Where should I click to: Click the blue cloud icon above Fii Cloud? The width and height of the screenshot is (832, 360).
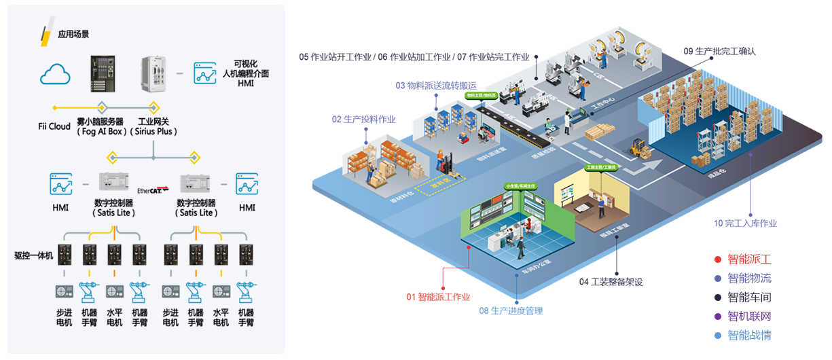coord(56,74)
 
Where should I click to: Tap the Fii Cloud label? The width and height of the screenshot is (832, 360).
coord(54,126)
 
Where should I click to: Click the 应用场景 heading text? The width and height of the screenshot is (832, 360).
coord(73,34)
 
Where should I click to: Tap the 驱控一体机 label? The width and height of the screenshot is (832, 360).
coord(33,256)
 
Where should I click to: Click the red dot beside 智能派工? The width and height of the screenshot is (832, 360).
coord(717,259)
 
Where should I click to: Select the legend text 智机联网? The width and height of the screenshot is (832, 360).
coord(749,317)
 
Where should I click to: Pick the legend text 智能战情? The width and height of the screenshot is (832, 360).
coord(749,336)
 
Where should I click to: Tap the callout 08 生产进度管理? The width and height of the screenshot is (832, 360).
coord(511,311)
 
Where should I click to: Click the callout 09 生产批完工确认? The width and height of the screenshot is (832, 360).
coord(719,51)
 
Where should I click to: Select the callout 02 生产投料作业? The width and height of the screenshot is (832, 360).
coord(363,119)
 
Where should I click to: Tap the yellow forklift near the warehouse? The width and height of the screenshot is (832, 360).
coord(637,146)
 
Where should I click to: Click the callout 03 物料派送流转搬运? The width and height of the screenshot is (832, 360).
coord(441,86)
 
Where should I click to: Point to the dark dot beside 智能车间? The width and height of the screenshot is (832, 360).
coord(717,298)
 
